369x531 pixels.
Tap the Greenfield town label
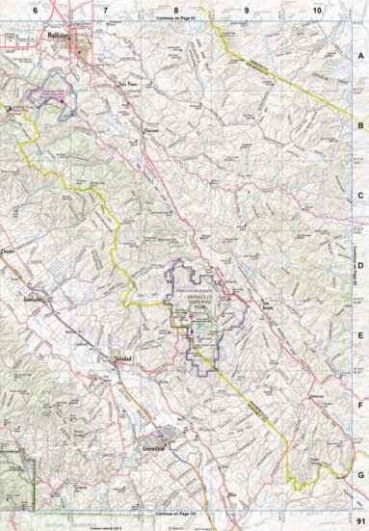point(130,449)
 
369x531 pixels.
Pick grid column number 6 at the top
point(35,8)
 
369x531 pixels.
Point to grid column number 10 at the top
point(317,8)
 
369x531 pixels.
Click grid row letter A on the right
point(360,56)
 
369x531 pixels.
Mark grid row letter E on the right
point(360,334)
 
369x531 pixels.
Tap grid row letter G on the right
point(360,474)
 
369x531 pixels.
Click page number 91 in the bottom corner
point(358,521)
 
